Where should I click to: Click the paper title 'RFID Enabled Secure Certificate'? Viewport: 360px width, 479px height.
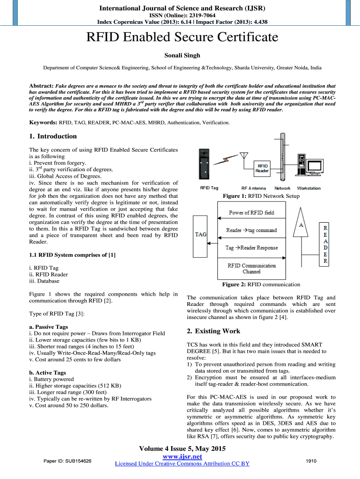pos(180,37)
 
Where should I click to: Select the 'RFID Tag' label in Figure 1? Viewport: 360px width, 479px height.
pos(209,188)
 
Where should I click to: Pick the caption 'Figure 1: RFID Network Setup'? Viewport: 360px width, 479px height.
pos(261,196)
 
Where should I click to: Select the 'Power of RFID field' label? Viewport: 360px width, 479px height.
pos(252,213)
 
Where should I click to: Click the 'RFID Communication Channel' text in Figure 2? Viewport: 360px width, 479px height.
pos(252,269)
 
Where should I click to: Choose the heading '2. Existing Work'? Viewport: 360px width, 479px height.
pos(213,331)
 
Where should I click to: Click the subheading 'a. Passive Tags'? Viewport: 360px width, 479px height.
pos(48,327)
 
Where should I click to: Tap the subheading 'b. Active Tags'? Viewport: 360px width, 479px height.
pos(47,373)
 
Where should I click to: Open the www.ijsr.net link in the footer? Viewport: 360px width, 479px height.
pos(182,457)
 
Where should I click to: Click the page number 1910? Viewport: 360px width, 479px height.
pos(311,461)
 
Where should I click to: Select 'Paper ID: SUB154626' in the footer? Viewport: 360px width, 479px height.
pos(67,461)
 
